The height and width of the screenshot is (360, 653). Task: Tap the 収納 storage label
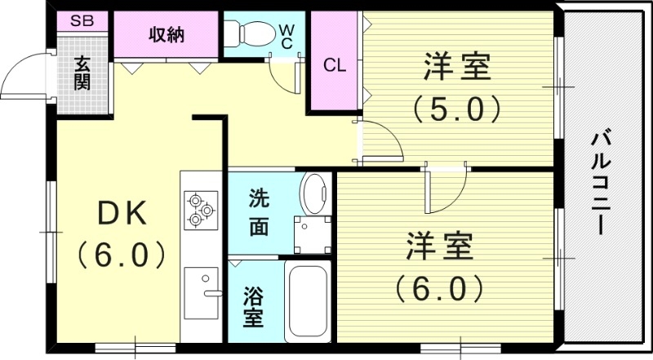[x=166, y=35]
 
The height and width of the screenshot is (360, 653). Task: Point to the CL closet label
[x=335, y=66]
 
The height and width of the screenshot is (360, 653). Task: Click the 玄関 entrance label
[x=82, y=73]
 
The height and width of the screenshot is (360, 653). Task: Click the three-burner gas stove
[x=200, y=207]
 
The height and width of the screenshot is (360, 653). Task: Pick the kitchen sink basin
[x=202, y=291]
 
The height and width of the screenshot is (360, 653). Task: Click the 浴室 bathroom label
[x=254, y=305]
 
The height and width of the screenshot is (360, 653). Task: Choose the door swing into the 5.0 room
[x=380, y=139]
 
